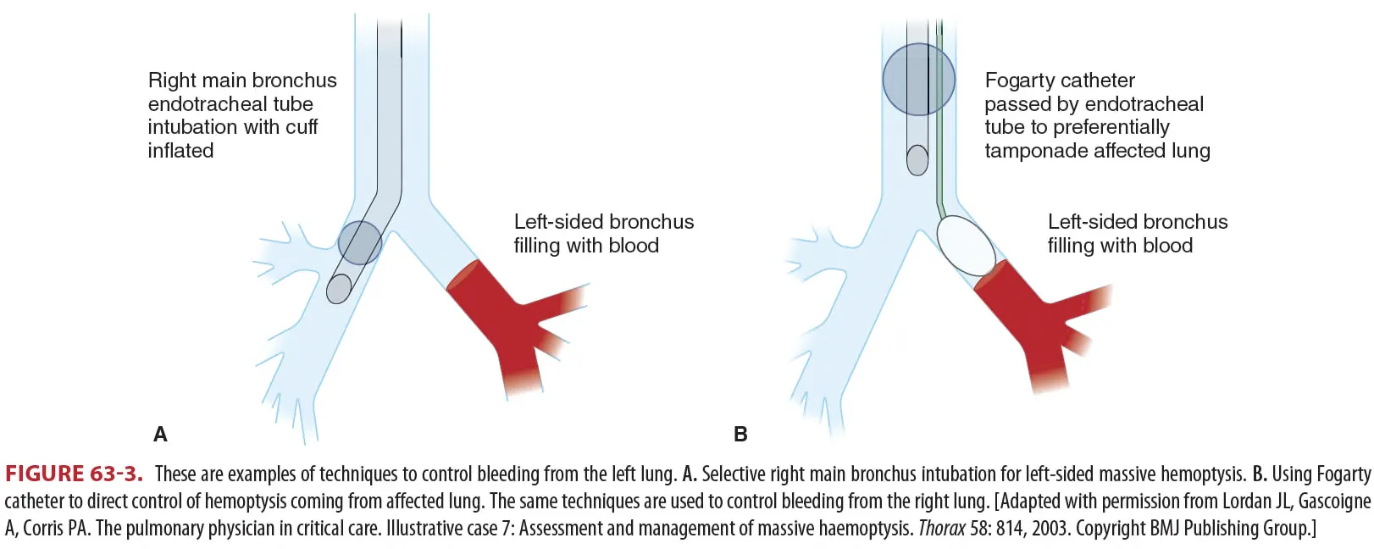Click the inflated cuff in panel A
tap(360, 243)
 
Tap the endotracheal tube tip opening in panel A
tap(338, 290)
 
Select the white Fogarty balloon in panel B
tap(967, 245)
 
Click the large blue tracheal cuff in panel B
tap(918, 80)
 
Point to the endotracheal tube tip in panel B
tap(917, 160)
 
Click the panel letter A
tap(160, 435)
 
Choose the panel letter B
tap(740, 435)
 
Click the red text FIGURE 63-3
tap(74, 474)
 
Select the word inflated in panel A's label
tap(180, 151)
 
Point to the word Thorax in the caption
tap(941, 529)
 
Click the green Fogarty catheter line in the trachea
tap(939, 127)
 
